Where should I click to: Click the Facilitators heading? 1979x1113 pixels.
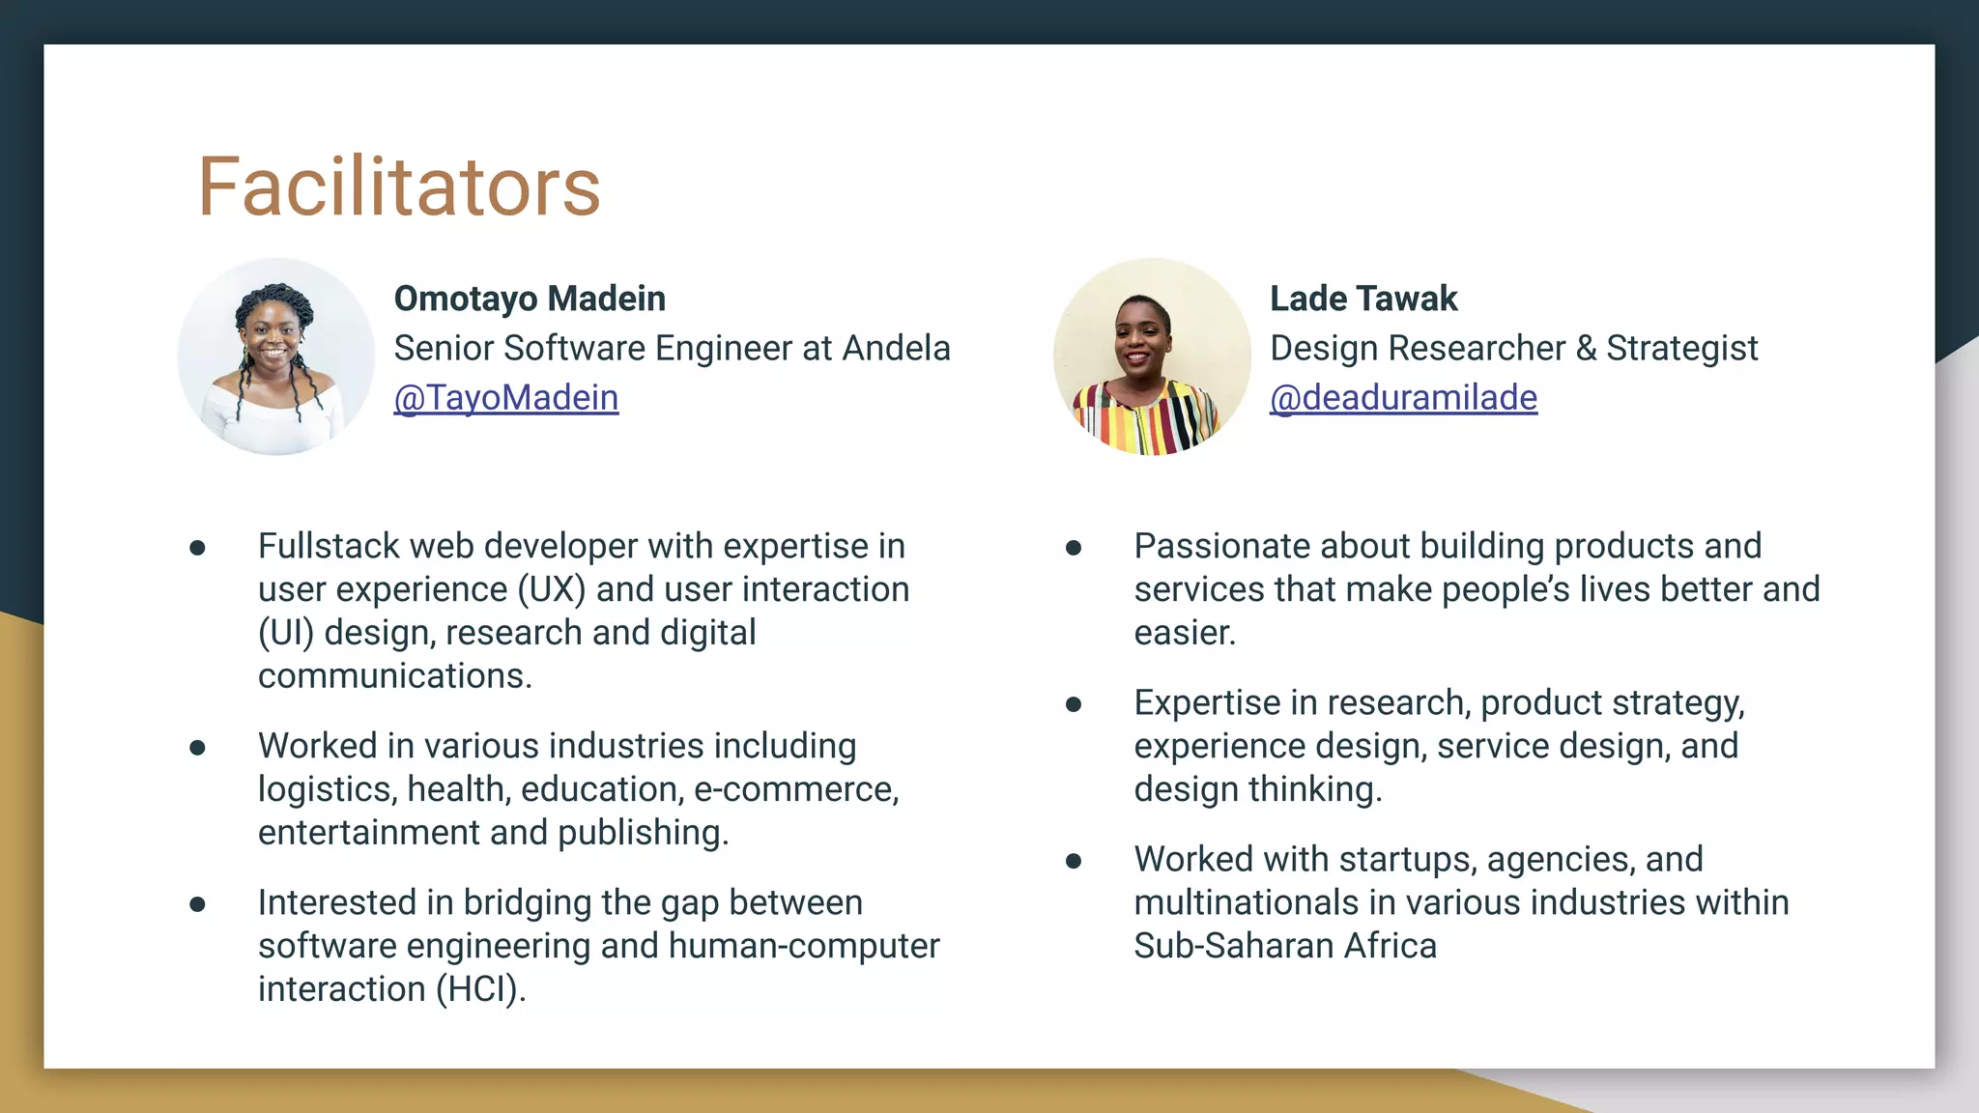click(399, 186)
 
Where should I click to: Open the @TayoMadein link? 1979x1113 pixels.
click(505, 398)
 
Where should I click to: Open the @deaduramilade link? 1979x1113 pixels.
click(1402, 398)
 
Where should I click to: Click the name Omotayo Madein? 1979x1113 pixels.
click(530, 299)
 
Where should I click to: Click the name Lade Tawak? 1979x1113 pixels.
click(1362, 299)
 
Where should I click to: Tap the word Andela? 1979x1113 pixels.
click(896, 348)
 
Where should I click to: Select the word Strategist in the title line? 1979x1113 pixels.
click(1681, 348)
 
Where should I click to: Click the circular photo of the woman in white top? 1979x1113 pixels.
click(276, 357)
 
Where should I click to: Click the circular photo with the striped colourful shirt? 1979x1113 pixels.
click(1152, 357)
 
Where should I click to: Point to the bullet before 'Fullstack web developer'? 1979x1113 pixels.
click(198, 549)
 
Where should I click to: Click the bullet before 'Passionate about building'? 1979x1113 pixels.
click(1074, 549)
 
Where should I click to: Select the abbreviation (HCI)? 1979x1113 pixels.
click(479, 989)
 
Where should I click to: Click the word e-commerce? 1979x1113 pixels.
click(795, 789)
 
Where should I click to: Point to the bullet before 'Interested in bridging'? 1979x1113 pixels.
click(198, 905)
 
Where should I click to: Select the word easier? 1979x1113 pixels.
click(1184, 633)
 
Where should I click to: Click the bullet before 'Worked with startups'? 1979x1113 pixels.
click(1074, 862)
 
